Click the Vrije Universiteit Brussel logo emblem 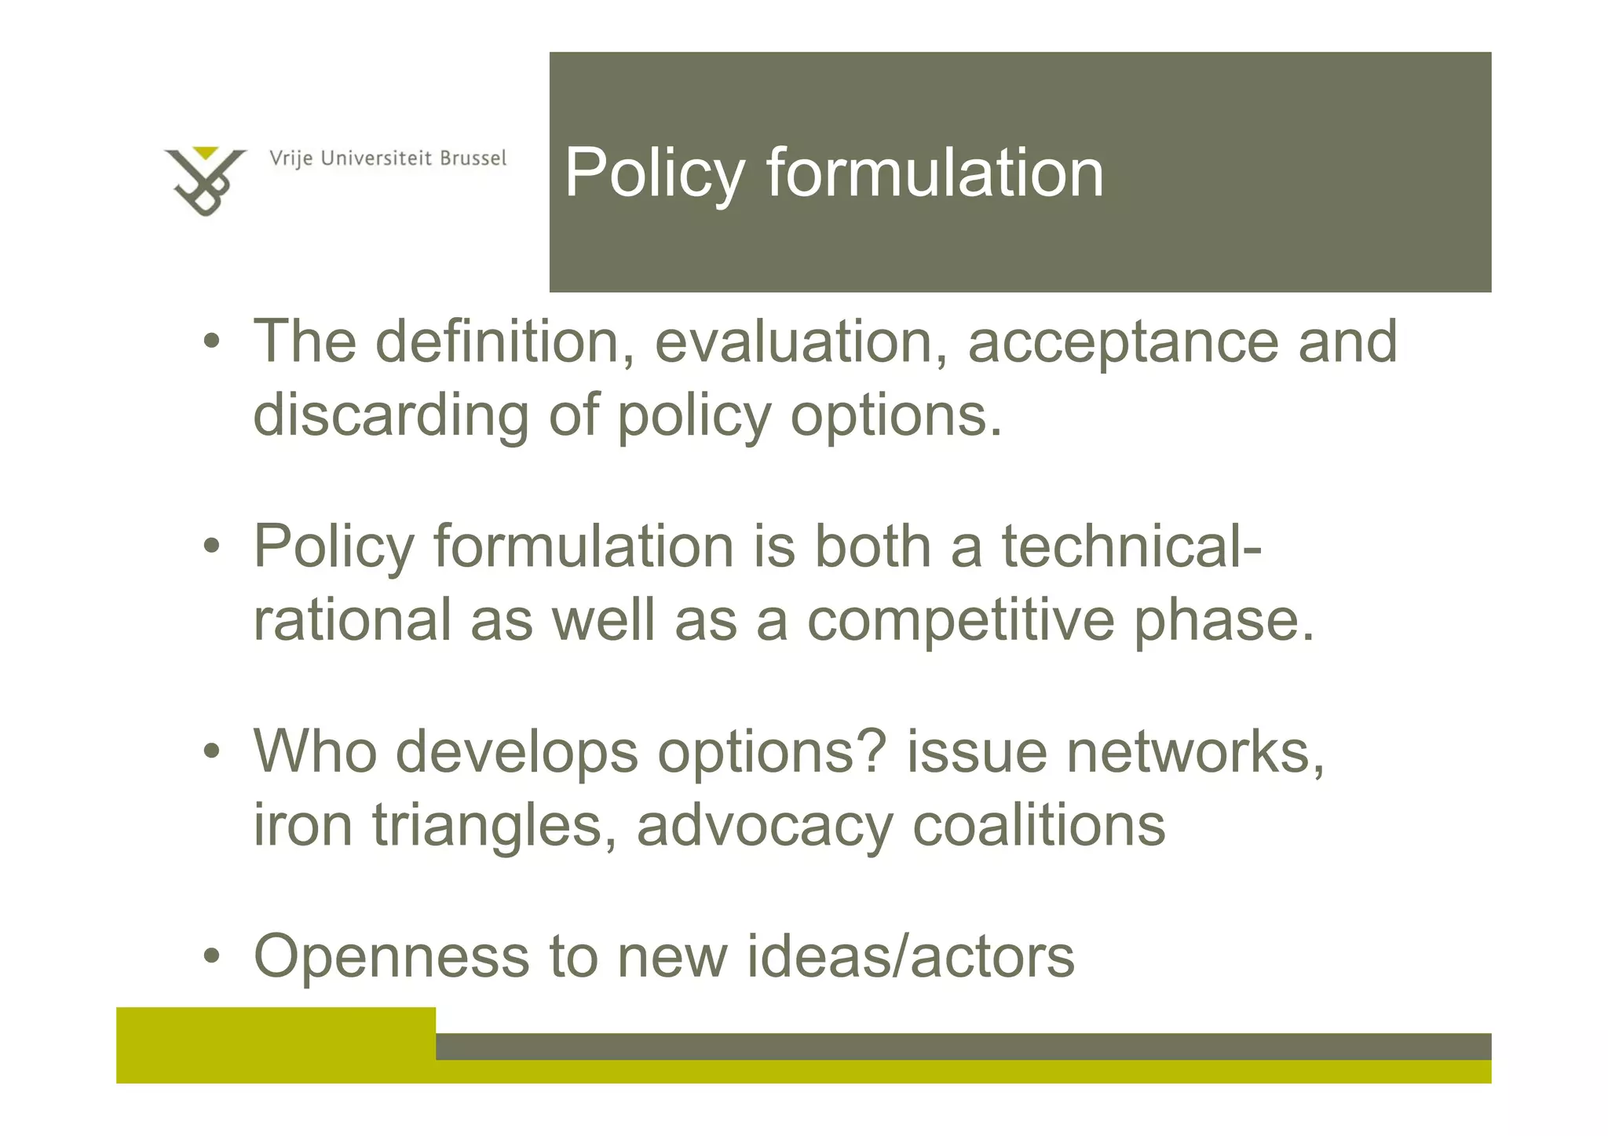coord(205,181)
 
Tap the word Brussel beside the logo coord(473,159)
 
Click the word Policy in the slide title coord(654,174)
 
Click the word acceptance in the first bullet coord(1123,344)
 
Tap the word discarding coord(390,416)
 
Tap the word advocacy coord(765,827)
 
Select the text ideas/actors coord(910,957)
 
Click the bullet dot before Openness coord(211,958)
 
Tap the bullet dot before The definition coord(211,343)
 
